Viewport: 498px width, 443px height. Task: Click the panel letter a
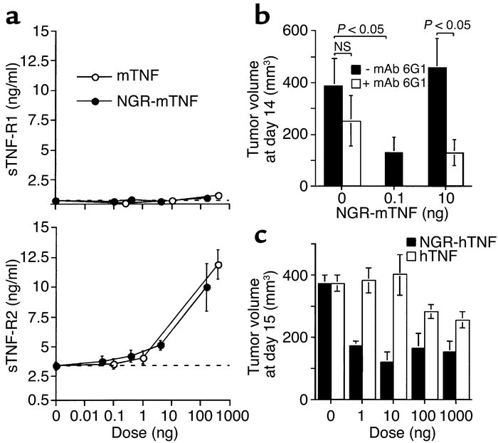tap(13, 14)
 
